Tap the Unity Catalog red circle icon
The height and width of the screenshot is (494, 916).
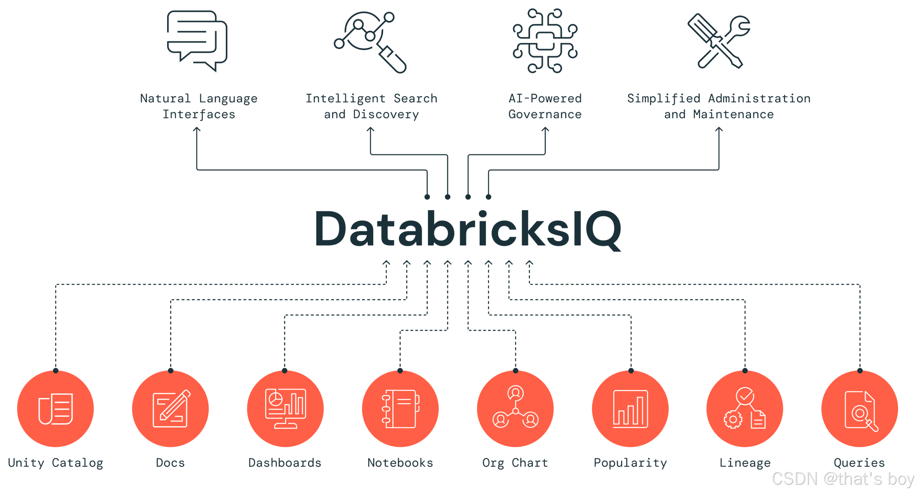point(56,409)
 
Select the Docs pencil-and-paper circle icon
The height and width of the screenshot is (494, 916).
point(171,409)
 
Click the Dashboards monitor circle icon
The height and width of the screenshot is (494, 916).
point(285,409)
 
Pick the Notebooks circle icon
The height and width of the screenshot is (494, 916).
point(400,409)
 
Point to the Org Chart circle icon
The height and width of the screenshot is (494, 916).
point(516,409)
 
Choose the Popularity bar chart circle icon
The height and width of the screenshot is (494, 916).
point(631,409)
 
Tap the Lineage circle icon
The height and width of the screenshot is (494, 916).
point(745,409)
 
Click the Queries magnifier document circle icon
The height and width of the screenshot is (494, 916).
point(860,409)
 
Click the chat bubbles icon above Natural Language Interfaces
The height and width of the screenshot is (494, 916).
point(197,41)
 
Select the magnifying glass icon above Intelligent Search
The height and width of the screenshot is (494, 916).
point(370,42)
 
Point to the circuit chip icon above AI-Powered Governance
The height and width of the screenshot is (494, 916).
point(545,41)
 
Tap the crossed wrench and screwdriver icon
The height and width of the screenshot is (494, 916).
point(719,42)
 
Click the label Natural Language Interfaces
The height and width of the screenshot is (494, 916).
point(199,106)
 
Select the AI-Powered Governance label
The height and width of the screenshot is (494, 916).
point(545,106)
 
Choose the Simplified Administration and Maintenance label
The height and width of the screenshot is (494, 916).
point(719,106)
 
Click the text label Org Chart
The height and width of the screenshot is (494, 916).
point(515,463)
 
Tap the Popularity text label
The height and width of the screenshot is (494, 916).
point(630,463)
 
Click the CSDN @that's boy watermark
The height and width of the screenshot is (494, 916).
point(842,478)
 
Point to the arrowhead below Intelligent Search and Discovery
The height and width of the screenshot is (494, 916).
point(370,129)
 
